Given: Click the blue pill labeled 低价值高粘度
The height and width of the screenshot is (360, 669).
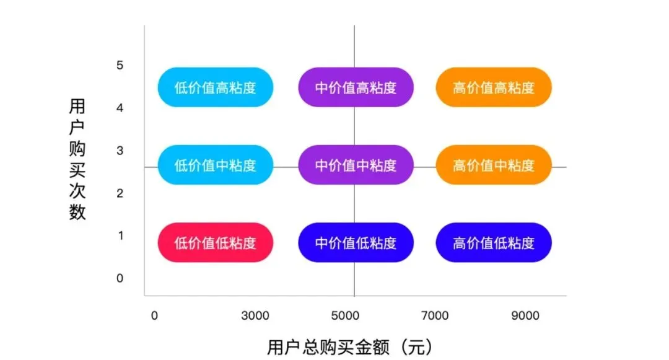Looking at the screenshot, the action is click(x=215, y=87).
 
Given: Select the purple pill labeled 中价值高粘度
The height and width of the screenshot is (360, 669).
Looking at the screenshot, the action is click(x=356, y=87).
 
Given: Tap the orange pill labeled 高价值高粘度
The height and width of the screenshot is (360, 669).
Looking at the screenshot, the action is click(x=493, y=87).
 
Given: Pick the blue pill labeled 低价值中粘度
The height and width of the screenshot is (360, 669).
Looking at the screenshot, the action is click(x=215, y=165).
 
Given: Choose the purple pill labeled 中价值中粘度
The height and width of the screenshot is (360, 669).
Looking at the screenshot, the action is click(x=356, y=165).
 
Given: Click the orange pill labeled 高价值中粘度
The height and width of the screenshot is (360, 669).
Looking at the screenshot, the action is click(x=493, y=165).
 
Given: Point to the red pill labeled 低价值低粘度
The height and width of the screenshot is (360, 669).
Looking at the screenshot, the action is click(x=215, y=242).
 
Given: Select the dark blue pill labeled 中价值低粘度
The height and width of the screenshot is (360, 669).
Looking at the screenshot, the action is click(x=356, y=242).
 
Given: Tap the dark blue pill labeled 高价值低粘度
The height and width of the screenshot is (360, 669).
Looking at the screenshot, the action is click(x=493, y=242).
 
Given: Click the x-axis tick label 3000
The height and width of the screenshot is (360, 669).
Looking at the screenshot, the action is click(x=255, y=316).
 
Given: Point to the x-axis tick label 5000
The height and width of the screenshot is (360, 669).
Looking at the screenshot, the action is click(x=346, y=316).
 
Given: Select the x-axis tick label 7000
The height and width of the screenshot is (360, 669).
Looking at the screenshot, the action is click(x=435, y=316).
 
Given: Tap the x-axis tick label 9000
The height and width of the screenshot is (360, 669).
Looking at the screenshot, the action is click(x=526, y=316).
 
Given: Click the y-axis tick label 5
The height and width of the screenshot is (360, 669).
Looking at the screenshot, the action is click(x=120, y=66).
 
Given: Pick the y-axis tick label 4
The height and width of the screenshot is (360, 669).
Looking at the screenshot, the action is click(x=120, y=108).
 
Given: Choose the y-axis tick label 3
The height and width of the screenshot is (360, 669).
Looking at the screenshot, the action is click(x=120, y=151).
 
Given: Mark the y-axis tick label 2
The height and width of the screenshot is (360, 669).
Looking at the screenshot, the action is click(x=120, y=193).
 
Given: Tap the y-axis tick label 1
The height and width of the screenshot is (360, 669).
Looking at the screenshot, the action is click(x=120, y=235).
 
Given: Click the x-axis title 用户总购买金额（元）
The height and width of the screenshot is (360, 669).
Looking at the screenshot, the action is click(x=349, y=346).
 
